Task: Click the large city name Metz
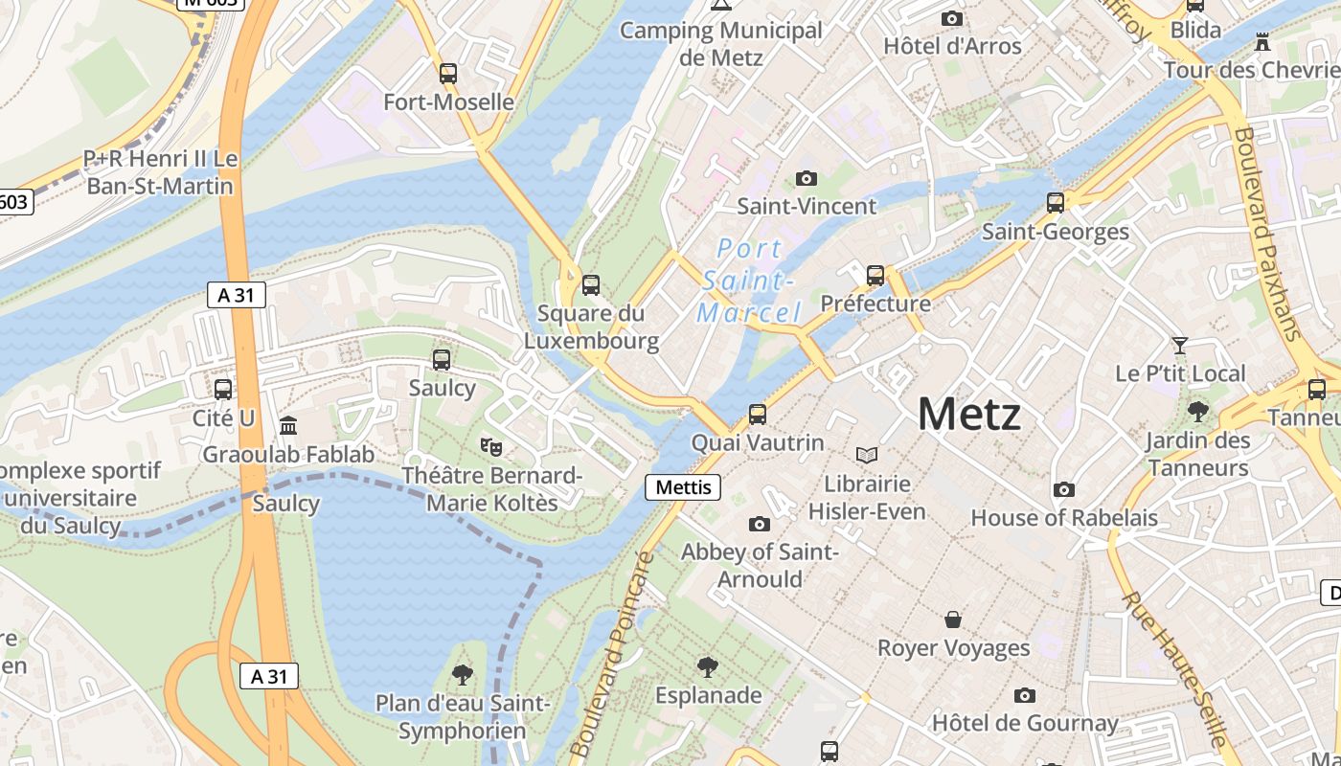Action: (x=968, y=415)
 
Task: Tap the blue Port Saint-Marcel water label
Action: (x=749, y=281)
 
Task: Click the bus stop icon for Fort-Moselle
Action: (x=447, y=74)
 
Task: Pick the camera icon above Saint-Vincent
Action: (x=807, y=179)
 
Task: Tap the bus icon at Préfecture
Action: (x=875, y=276)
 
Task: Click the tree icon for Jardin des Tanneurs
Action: (x=1197, y=413)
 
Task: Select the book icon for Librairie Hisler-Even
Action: (x=867, y=456)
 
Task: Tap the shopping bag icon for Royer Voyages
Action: (x=953, y=620)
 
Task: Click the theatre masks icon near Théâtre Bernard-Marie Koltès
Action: (x=491, y=446)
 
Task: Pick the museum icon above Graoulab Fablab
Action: (x=288, y=425)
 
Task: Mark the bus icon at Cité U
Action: (x=223, y=390)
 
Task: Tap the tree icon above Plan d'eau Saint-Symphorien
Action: (x=463, y=675)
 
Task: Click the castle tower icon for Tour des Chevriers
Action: (x=1262, y=43)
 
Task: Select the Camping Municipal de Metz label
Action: (x=721, y=43)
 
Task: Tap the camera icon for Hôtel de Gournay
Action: (x=1025, y=695)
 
